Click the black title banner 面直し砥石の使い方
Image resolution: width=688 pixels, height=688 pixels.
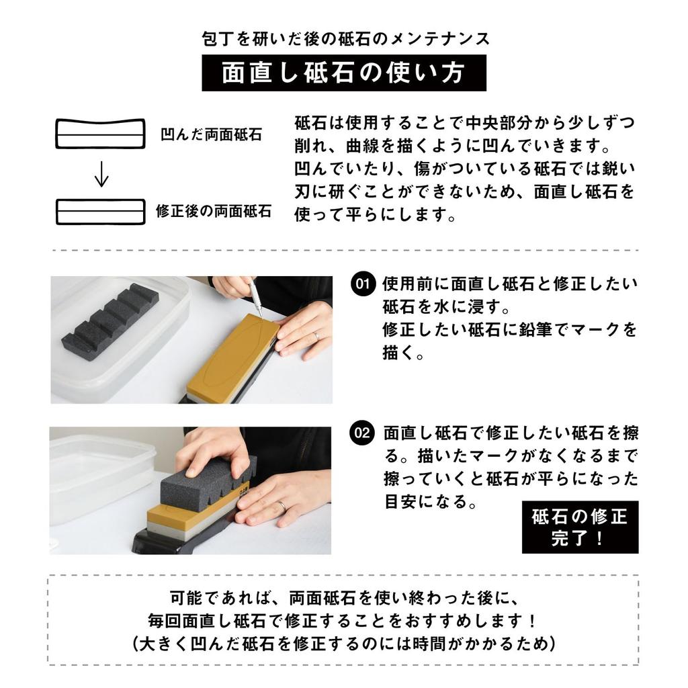343,73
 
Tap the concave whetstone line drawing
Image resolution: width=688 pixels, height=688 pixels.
99,134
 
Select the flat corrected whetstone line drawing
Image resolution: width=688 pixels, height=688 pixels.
99,212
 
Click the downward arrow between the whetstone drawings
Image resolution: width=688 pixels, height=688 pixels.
101,174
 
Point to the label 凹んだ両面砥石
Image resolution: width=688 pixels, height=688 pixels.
211,135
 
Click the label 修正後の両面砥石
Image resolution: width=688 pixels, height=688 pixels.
214,212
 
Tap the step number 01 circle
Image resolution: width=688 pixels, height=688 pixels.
362,285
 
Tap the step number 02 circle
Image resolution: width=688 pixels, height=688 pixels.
362,433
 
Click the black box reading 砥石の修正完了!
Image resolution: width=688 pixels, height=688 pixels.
580,527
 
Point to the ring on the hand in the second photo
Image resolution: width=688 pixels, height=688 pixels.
283,506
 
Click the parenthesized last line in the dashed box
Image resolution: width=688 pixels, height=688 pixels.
343,643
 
